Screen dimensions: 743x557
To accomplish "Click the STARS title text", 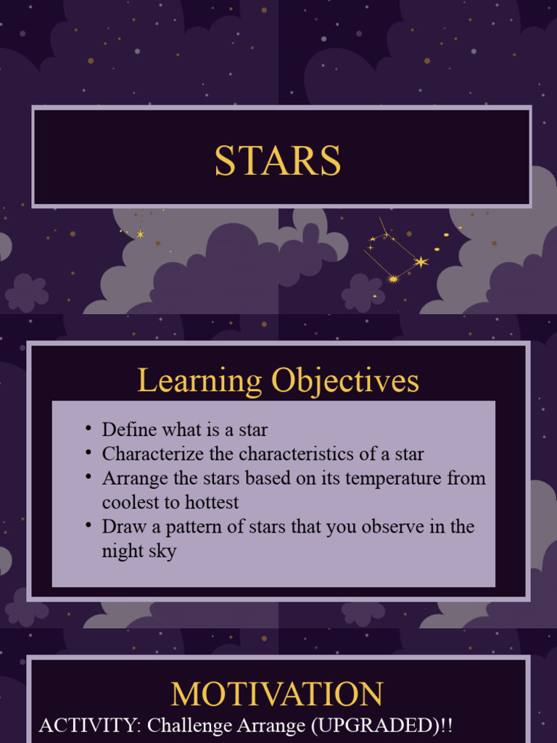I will pos(278,160).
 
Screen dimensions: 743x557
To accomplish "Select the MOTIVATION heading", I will pos(277,694).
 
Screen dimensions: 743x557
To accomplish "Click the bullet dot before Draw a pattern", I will pos(88,525).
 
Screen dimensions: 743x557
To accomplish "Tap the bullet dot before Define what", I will pos(88,428).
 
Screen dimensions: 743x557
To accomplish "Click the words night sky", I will pos(139,551).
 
